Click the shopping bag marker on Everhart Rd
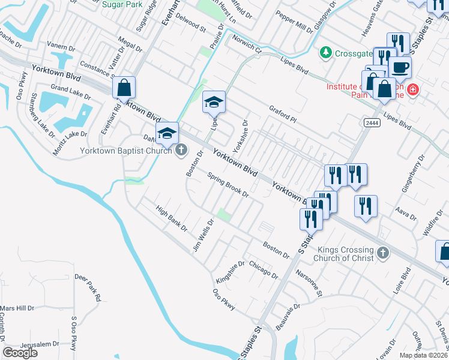tap(124, 88)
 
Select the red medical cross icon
tap(412, 90)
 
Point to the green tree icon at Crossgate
tap(326, 52)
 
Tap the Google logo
tap(20, 353)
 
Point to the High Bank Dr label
tap(172, 219)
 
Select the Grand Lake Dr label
tap(70, 91)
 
